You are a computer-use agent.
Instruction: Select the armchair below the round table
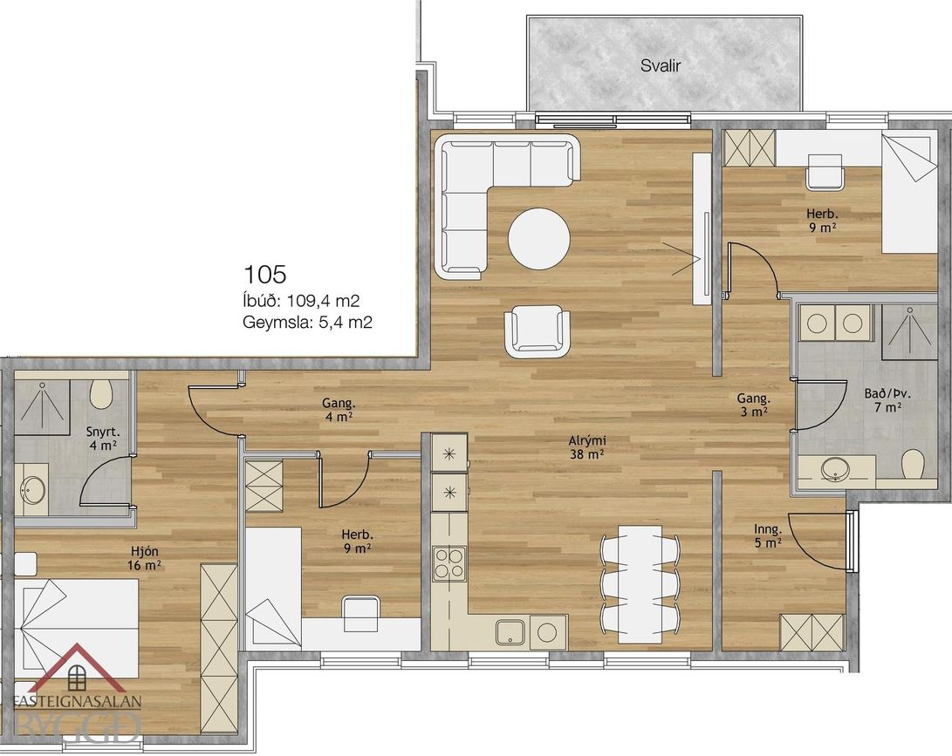(x=538, y=331)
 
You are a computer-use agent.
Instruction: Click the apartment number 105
(x=264, y=275)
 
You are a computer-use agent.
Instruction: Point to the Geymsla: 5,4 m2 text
(x=307, y=322)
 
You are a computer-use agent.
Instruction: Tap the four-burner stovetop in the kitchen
(x=449, y=563)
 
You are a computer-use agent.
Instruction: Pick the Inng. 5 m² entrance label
(x=767, y=537)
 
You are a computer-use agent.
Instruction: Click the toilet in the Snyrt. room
(x=101, y=394)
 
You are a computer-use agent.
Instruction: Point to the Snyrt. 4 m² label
(x=101, y=439)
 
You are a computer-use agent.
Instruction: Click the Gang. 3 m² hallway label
(x=753, y=405)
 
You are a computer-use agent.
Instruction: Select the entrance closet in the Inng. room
(x=812, y=632)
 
